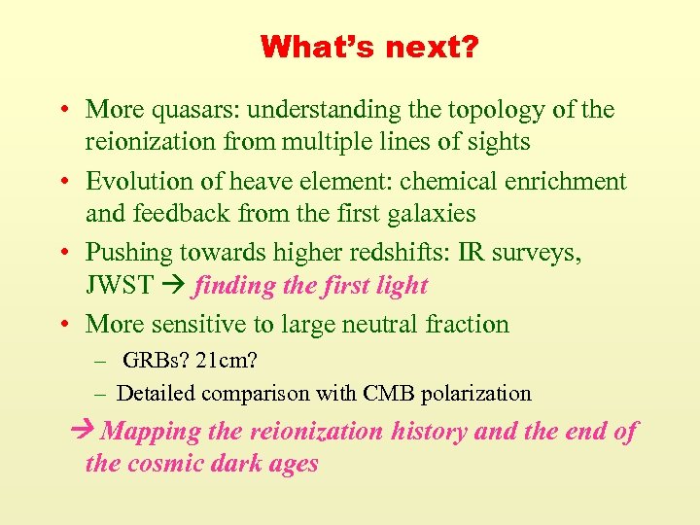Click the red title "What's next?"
(x=368, y=47)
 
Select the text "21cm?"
(x=226, y=361)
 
